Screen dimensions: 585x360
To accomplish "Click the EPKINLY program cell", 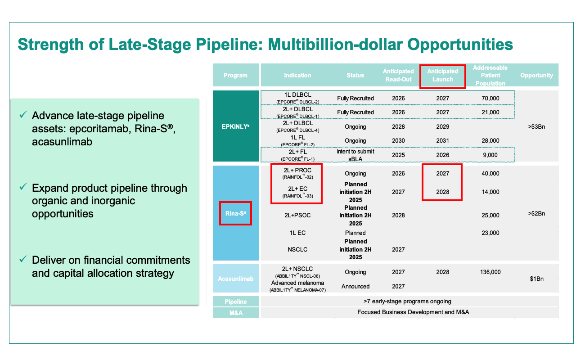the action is point(235,126).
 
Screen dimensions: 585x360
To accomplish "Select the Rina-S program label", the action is point(235,213).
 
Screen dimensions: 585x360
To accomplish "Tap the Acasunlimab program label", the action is point(235,279).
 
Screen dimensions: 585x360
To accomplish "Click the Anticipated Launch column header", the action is point(443,75).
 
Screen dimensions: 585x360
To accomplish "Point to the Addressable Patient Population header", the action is point(490,76).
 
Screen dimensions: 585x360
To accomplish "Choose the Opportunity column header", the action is point(536,75).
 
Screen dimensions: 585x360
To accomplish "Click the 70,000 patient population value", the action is point(490,98).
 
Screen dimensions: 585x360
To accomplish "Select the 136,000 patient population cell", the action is point(490,272).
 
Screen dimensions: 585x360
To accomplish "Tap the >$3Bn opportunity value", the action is point(536,127).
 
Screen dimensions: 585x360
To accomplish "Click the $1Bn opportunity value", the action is point(537,279).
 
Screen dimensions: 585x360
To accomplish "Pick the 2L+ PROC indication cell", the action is point(297,173).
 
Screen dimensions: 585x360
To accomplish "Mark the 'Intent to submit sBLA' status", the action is point(355,155).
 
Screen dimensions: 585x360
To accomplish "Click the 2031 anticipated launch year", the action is point(443,140).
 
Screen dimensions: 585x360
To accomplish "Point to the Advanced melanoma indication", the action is point(297,286).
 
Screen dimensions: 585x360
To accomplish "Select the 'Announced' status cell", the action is point(355,286).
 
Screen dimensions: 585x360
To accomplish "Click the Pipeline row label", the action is point(235,301).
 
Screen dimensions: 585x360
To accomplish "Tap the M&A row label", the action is point(235,313).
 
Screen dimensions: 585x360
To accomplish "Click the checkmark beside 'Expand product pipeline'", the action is point(23,187).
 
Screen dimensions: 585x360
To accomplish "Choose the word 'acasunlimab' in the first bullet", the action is point(62,142).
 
